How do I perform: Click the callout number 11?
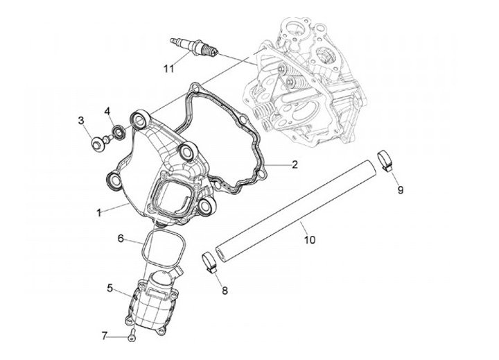point(168,68)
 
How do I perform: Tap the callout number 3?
point(81,121)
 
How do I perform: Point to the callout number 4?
point(108,111)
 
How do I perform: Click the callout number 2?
point(294,164)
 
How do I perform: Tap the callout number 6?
point(121,238)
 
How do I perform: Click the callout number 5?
point(110,287)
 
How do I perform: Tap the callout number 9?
point(401,188)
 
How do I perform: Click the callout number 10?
point(310,240)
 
